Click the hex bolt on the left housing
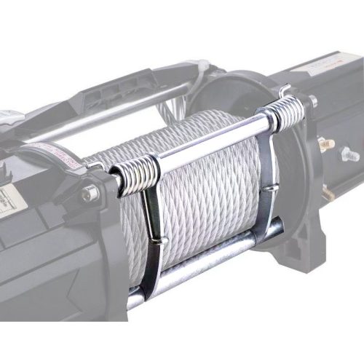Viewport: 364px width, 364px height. point(90,194)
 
